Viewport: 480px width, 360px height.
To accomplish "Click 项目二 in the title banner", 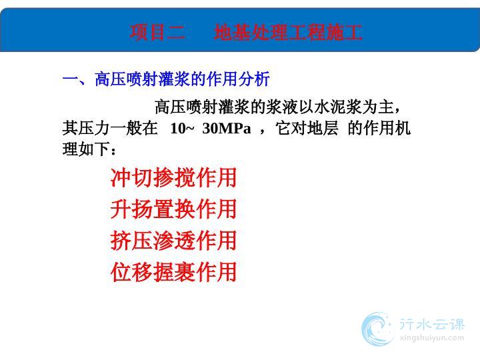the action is [x=157, y=32].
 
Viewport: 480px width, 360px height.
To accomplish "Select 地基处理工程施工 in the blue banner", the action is [x=288, y=32].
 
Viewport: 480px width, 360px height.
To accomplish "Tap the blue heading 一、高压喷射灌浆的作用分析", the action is [x=166, y=79].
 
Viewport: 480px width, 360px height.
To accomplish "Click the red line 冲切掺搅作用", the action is [x=173, y=177].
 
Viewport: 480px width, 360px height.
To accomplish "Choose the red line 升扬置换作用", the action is [x=173, y=209].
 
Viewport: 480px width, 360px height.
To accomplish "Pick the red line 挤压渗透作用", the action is [x=173, y=240].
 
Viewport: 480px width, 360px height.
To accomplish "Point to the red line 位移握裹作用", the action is [x=173, y=272].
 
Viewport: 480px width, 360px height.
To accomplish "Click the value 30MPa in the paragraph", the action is [x=227, y=128].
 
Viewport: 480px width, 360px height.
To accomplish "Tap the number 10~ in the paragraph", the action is [x=182, y=128].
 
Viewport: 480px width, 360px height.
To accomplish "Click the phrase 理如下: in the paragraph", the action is [x=89, y=149].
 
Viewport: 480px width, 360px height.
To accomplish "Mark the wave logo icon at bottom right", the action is [x=377, y=329].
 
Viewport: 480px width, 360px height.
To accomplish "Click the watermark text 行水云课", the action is [x=432, y=324].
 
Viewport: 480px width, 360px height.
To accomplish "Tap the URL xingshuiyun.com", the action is [x=432, y=338].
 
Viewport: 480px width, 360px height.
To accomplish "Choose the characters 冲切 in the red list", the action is [x=131, y=177].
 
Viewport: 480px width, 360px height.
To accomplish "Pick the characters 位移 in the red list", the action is [x=131, y=272].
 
